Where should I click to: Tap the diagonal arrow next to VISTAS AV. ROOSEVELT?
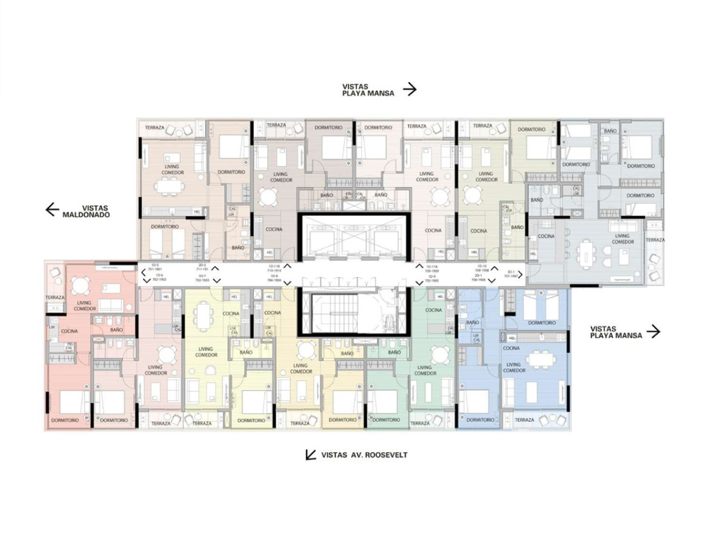310,455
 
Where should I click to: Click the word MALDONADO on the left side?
86,214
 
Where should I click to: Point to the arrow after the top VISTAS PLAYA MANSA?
409,90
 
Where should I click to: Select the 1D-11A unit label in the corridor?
432,266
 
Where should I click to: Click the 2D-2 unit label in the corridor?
202,265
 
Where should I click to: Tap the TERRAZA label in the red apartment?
55,297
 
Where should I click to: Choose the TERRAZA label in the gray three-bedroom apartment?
655,239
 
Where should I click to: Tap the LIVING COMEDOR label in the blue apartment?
514,367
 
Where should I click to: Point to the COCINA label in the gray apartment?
546,236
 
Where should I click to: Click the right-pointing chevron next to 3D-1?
520,274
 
